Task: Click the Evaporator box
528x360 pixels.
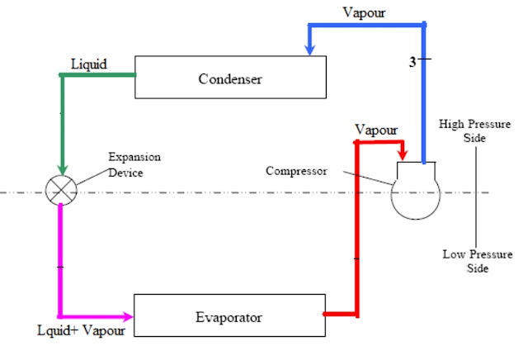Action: coord(229,316)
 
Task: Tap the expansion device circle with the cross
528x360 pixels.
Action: coord(63,190)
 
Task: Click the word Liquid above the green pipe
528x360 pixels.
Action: coord(88,63)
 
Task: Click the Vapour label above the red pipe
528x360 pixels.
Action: coord(375,130)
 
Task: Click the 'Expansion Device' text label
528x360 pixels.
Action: coord(134,164)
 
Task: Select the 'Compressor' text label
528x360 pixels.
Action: coord(295,171)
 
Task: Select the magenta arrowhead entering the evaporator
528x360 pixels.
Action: coord(127,316)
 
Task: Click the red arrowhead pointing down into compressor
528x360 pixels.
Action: coord(402,156)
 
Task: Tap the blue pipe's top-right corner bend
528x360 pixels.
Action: coord(424,25)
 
